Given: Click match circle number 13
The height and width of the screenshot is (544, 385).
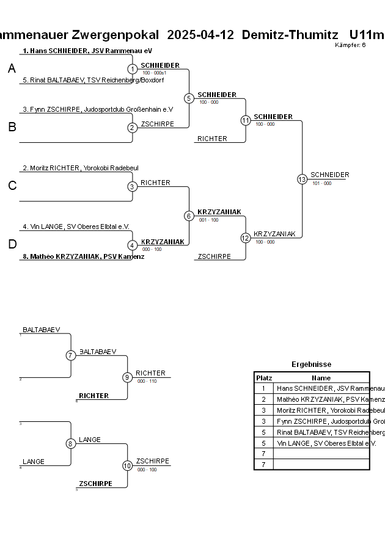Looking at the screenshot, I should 302,179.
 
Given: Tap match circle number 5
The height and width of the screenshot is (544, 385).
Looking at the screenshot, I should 189,98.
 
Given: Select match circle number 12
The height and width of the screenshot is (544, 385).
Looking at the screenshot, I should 246,238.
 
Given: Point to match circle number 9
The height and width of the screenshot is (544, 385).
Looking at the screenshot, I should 128,377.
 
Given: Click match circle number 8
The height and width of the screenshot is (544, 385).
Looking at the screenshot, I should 71,443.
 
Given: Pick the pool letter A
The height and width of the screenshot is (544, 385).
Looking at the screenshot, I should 12,69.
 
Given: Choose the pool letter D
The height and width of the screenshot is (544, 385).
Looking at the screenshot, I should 12,245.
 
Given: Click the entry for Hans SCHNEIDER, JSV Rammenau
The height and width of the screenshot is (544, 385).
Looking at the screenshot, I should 87,51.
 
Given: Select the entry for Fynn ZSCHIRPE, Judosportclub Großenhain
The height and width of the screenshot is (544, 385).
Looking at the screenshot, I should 98,109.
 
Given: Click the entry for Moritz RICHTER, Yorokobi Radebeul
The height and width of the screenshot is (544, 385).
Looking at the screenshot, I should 81,168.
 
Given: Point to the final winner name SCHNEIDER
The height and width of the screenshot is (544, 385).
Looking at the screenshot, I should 329,175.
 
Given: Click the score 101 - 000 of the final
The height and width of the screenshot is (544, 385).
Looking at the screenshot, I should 321,183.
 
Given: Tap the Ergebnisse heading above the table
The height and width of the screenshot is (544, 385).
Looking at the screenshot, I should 311,364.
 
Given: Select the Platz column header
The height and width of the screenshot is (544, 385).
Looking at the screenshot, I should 264,378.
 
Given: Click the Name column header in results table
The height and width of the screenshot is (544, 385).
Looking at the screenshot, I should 321,378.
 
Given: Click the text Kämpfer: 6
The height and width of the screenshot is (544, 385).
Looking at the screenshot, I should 351,45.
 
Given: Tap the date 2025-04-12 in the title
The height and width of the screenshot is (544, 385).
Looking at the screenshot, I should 200,35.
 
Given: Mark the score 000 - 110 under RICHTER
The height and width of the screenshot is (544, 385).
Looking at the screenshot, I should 147,381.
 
